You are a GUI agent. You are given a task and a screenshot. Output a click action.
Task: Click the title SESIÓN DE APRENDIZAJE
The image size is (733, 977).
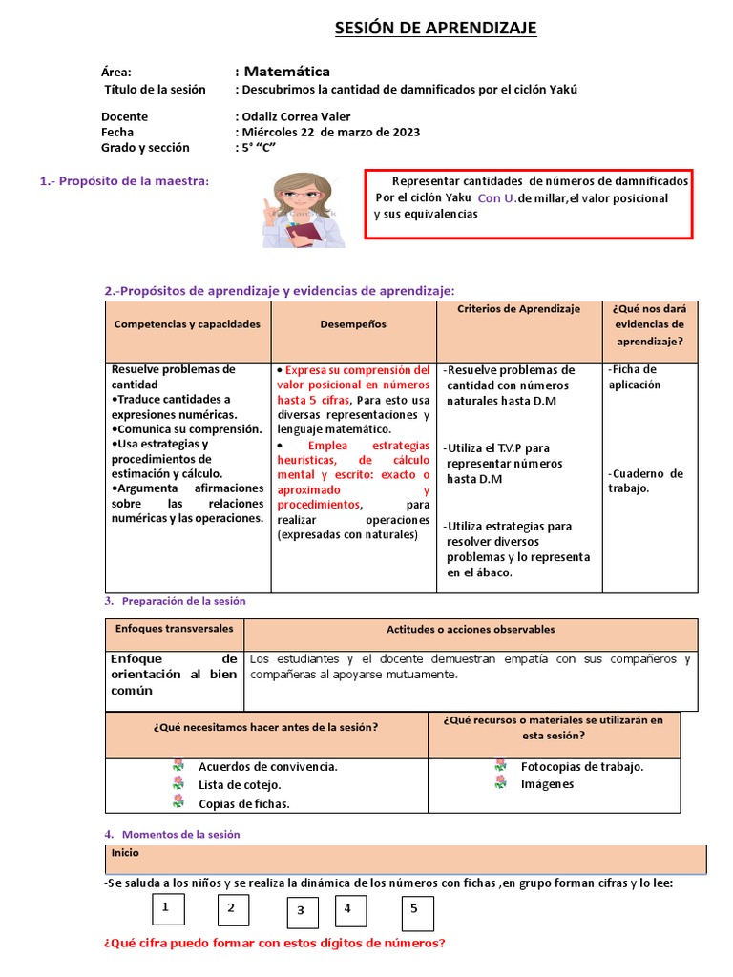(435, 29)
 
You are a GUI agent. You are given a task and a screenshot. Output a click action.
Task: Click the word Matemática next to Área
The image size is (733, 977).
(287, 72)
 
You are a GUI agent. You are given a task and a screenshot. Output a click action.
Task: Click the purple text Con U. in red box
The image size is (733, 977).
(495, 198)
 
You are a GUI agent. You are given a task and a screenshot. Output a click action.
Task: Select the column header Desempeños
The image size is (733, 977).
(353, 324)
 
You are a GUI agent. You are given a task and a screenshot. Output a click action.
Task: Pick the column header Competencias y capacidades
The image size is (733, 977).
(187, 324)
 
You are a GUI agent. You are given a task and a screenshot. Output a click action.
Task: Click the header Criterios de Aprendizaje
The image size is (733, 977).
(518, 309)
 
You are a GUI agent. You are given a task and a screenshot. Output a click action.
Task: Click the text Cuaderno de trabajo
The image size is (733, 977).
(645, 481)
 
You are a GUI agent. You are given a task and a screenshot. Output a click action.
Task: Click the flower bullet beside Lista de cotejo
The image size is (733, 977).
(178, 784)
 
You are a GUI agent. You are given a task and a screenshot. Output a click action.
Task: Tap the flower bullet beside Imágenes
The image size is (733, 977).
(500, 783)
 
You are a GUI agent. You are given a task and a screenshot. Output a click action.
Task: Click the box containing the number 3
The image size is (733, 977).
(300, 912)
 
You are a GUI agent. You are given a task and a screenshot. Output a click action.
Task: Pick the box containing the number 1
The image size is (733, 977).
(168, 909)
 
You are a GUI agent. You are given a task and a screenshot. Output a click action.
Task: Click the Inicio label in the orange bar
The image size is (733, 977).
(125, 853)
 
